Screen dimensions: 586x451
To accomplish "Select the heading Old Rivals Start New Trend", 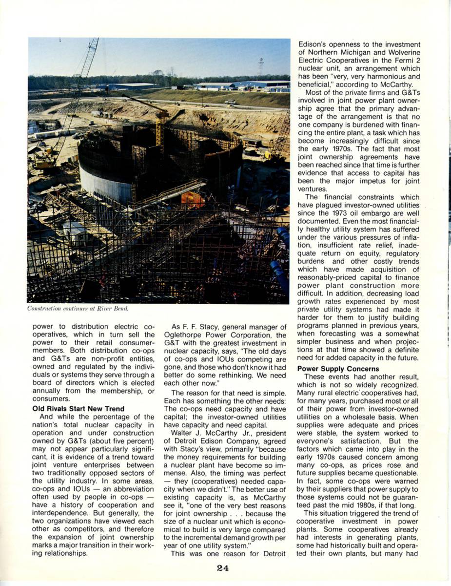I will [x=78, y=408].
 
